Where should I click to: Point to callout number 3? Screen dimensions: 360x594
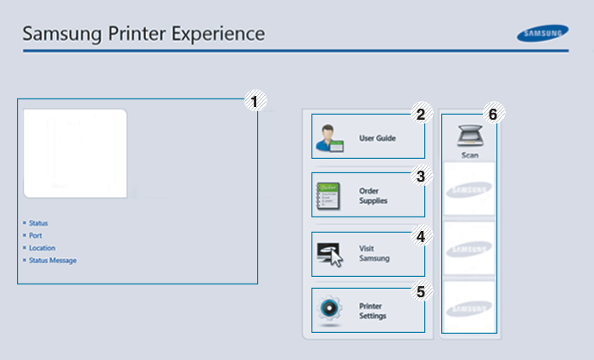tap(418, 177)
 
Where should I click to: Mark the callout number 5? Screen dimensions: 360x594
tap(418, 292)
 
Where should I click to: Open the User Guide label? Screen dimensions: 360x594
tap(378, 138)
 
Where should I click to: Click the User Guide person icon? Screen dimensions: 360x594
tap(329, 138)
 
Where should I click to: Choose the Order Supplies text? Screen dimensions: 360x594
tap(373, 196)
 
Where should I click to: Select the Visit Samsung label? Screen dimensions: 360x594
tap(373, 254)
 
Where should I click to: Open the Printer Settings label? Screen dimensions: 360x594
tap(373, 311)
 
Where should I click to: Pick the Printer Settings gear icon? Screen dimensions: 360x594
tap(328, 310)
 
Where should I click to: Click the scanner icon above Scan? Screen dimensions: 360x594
tap(470, 136)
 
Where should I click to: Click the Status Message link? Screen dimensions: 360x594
tap(53, 261)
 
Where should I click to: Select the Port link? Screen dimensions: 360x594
tap(35, 235)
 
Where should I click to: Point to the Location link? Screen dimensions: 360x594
tap(42, 248)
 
